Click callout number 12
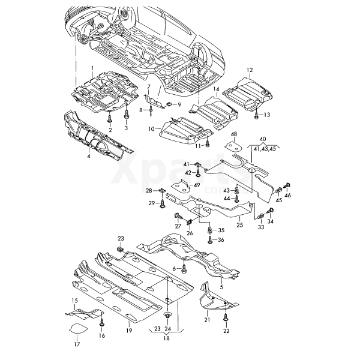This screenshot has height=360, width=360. pyautogui.click(x=250, y=70)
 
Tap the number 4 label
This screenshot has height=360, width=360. pyautogui.click(x=88, y=156)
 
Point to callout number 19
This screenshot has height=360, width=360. pyautogui.click(x=129, y=331)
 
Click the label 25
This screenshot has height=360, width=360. pyautogui.click(x=239, y=225)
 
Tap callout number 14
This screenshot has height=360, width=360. pyautogui.click(x=215, y=88)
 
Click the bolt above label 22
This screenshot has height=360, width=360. pyautogui.click(x=226, y=317)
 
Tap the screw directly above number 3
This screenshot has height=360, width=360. pyautogui.click(x=127, y=115)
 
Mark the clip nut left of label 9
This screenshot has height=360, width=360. pyautogui.click(x=169, y=105)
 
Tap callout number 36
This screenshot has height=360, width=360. pyautogui.click(x=221, y=240)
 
